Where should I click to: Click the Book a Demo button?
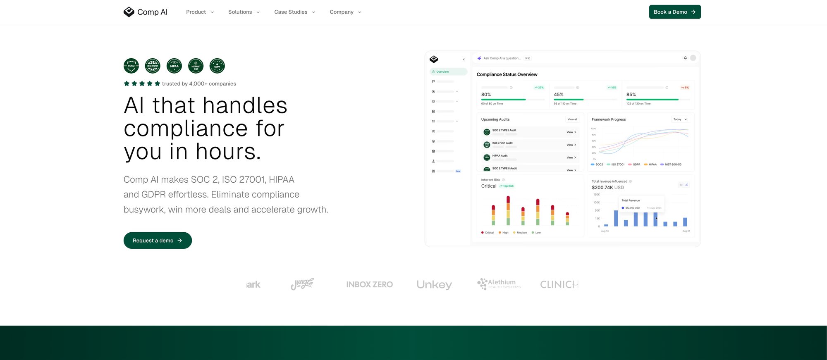coord(674,12)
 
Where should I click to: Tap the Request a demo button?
coord(158,241)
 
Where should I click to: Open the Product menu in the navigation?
coord(200,12)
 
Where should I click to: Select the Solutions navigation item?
coord(244,12)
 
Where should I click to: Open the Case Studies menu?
coord(294,12)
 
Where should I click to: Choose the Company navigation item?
coord(345,12)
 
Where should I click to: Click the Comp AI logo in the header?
coord(146,12)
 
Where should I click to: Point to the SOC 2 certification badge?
coord(131,66)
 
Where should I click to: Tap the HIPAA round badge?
coord(174,66)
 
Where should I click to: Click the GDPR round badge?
coord(217,66)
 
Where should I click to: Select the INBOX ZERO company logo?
coord(369,284)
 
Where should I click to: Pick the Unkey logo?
coord(434,284)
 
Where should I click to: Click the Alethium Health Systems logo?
coord(499,284)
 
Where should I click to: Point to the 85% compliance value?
coord(631,95)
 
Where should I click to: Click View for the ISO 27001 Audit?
coord(571,145)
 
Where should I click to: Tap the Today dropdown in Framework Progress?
coord(680,119)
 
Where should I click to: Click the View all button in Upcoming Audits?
coord(572,119)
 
